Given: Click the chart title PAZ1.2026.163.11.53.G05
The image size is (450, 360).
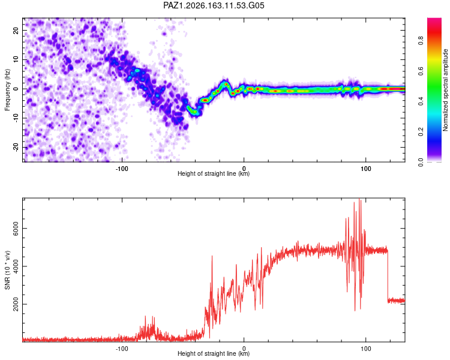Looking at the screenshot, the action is click(214, 5).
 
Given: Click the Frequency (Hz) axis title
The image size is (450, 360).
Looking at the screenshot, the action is click(7, 90).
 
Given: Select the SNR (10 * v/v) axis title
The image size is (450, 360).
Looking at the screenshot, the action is click(7, 270).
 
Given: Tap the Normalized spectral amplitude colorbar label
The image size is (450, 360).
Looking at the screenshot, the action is click(445, 90).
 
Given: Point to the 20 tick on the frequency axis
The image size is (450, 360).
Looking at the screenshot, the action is click(16, 30).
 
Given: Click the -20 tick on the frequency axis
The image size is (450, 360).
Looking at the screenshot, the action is click(16, 147).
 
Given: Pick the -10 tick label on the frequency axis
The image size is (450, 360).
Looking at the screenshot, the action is click(16, 118).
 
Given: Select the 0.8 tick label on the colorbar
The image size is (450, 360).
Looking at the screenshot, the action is click(421, 40).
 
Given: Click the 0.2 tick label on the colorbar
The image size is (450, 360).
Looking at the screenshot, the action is click(421, 131).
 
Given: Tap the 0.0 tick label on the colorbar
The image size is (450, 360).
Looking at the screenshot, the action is click(421, 162).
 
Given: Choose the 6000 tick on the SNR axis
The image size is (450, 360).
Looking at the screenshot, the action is click(16, 228).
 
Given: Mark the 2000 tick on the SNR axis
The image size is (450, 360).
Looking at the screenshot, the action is click(16, 304).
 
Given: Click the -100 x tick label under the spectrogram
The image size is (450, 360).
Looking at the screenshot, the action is click(122, 169).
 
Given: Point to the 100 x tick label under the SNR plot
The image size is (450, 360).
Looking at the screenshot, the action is click(365, 349).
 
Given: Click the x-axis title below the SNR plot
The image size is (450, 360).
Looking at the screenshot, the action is click(214, 353).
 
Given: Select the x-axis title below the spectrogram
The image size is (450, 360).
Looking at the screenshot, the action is click(214, 173).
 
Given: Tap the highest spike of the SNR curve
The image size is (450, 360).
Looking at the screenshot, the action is click(359, 199).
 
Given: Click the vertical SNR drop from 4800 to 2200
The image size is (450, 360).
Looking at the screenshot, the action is click(388, 275).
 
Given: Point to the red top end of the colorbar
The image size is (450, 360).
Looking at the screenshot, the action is click(434, 19).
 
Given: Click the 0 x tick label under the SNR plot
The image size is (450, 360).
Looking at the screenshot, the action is click(244, 349).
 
